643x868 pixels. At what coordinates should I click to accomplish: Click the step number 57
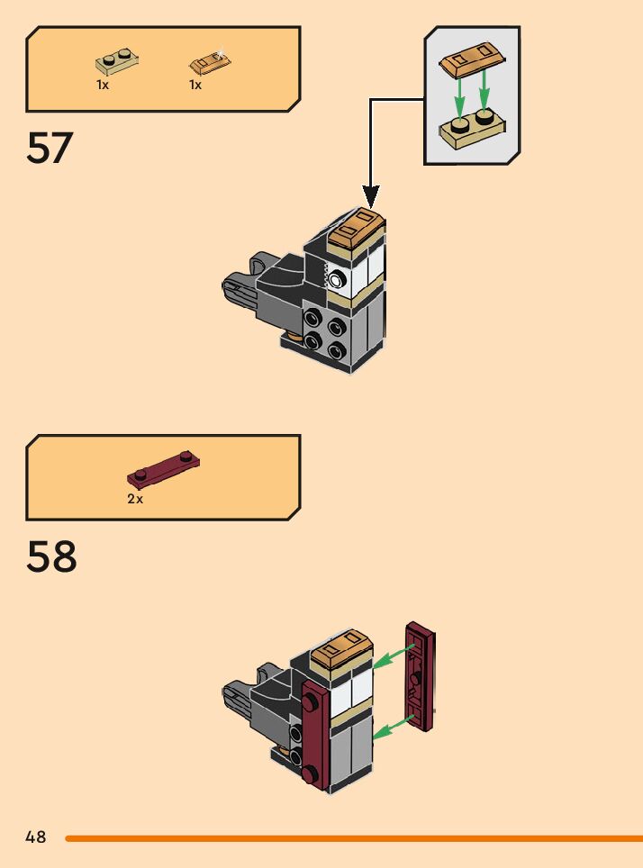[50, 149]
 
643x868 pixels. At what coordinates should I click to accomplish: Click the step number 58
[51, 557]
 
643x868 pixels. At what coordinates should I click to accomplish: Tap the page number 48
[36, 837]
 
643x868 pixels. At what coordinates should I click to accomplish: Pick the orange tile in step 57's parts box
[210, 63]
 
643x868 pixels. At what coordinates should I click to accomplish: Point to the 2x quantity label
[135, 499]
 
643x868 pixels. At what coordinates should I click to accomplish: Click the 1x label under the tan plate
[103, 85]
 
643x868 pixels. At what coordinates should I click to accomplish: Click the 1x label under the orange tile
[195, 85]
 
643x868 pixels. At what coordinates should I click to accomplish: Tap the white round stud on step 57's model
[336, 280]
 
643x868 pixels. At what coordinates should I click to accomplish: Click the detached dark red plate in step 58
[420, 675]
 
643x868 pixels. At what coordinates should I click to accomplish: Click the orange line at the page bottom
[351, 838]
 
